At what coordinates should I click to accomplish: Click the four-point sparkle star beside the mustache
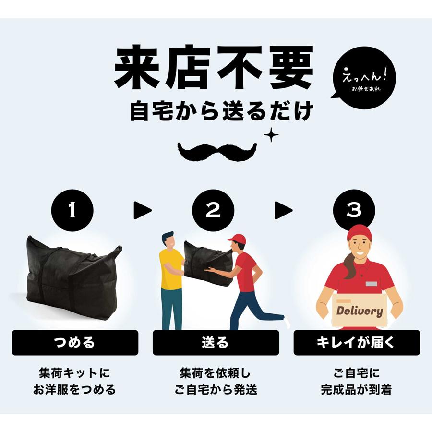271,135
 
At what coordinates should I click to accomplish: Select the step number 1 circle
72,210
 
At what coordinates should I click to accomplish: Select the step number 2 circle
214,210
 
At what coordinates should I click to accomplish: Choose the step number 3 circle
354,210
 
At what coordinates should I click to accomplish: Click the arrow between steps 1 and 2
142,210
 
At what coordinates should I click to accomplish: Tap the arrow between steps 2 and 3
283,210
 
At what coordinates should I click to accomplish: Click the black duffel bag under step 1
72,276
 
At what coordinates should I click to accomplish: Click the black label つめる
75,343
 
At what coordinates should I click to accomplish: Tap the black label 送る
216,343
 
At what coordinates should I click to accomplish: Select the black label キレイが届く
357,343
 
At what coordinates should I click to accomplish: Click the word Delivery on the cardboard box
359,311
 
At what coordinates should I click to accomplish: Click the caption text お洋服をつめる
75,389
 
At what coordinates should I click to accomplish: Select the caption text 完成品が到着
357,389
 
